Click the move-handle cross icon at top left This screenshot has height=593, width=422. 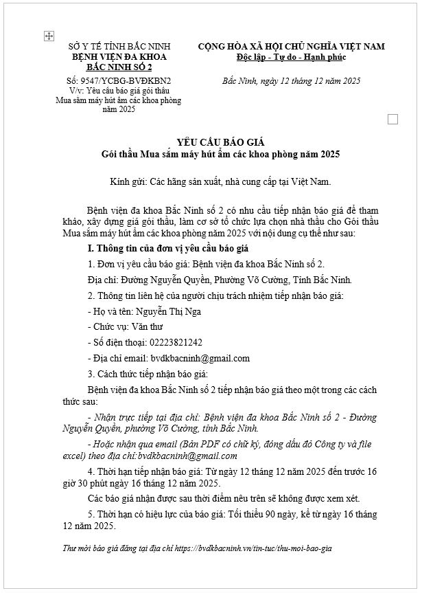tap(49, 36)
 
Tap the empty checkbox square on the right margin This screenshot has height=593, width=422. tap(392, 119)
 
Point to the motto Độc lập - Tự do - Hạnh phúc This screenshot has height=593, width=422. tap(291, 57)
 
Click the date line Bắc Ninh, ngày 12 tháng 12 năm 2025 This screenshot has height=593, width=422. tap(291, 81)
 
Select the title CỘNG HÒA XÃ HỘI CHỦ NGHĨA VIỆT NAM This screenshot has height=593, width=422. tap(291, 47)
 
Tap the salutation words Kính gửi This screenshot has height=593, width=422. tap(127, 181)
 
